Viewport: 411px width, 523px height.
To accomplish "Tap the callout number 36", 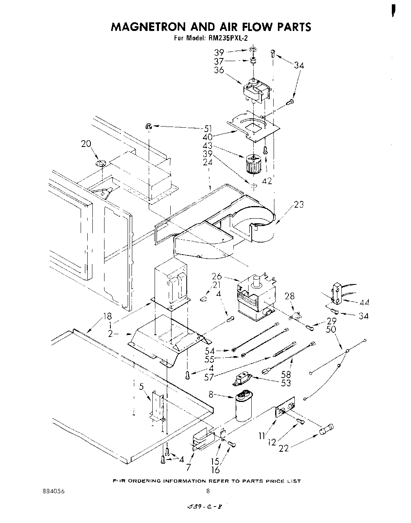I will pyautogui.click(x=219, y=70).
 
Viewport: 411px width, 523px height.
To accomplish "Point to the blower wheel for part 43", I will pyautogui.click(x=253, y=164).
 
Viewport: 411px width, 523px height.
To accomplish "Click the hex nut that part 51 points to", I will pyautogui.click(x=148, y=126).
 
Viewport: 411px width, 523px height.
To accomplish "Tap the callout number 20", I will pyautogui.click(x=86, y=144).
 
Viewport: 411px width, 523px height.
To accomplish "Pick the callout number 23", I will pyautogui.click(x=298, y=204).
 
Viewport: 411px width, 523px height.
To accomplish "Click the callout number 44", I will pyautogui.click(x=364, y=302).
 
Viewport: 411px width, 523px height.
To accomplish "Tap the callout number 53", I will pyautogui.click(x=286, y=382).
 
